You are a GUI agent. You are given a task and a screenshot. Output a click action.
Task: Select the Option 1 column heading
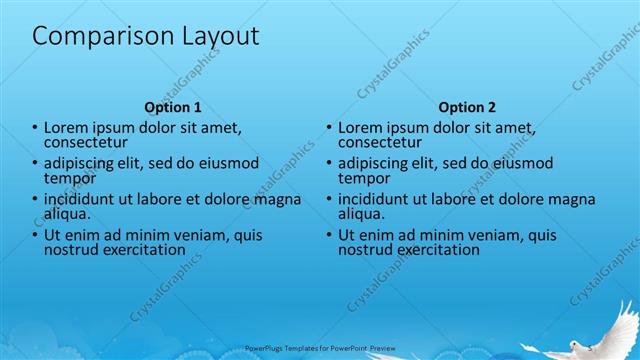coord(173,107)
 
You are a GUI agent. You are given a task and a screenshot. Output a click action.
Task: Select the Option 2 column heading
coord(467,107)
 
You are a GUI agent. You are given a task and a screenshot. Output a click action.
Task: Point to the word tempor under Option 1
coord(68,178)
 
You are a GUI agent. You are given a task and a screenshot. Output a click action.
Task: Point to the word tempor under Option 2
coord(362,178)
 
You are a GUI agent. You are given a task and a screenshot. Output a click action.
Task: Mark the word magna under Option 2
coord(573,199)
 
